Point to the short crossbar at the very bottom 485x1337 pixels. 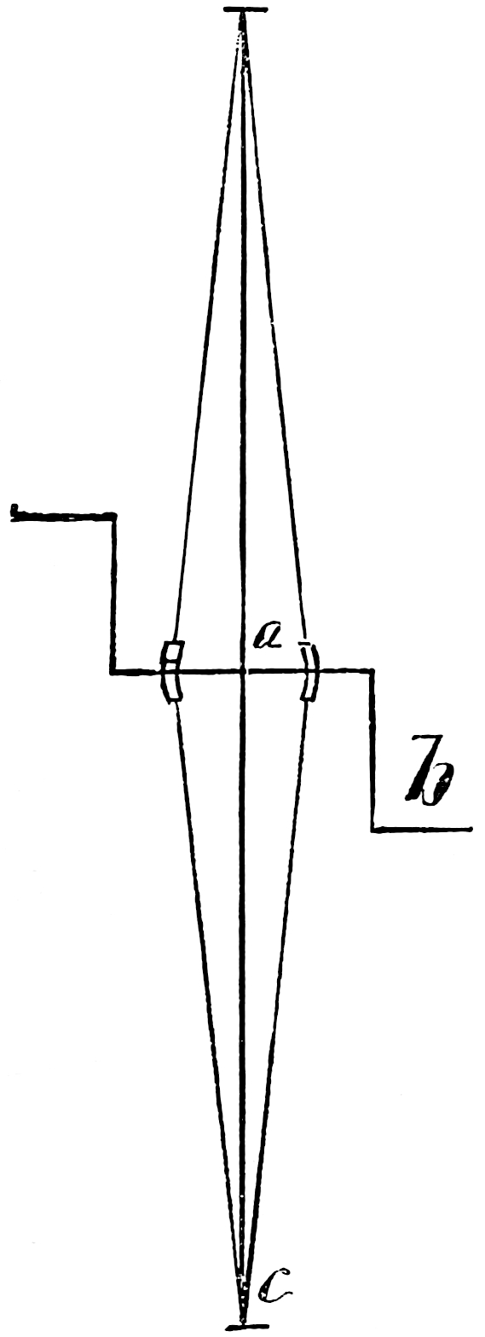241,1328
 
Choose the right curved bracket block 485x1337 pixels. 310,671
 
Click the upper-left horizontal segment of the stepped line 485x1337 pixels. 62,517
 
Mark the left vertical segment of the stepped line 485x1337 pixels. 113,593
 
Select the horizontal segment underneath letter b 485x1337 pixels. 422,828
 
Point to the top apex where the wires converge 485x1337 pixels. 242,14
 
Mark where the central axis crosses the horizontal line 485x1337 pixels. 242,671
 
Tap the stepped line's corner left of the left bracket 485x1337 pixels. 113,672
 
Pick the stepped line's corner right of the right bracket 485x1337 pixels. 372,672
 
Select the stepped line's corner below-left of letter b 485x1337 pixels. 372,828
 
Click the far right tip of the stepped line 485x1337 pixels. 471,828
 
